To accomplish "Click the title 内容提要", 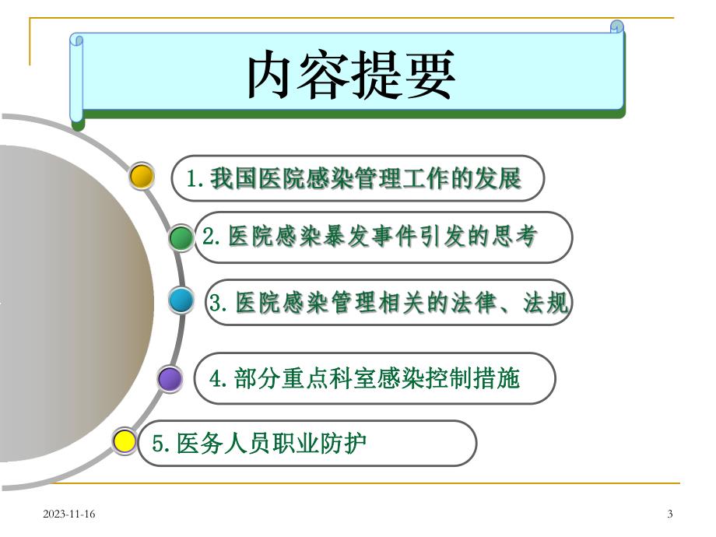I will [351, 75].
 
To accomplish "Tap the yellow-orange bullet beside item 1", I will [142, 177].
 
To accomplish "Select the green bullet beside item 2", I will [181, 237].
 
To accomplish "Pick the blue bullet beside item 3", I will [181, 300].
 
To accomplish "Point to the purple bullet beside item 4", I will [169, 379].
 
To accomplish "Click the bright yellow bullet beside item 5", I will [125, 441].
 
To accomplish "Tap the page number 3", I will [670, 513].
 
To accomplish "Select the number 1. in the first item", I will [195, 179].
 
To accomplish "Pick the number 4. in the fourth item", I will [219, 379].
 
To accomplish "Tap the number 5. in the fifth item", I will [162, 444].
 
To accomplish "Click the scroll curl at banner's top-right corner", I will [617, 27].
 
